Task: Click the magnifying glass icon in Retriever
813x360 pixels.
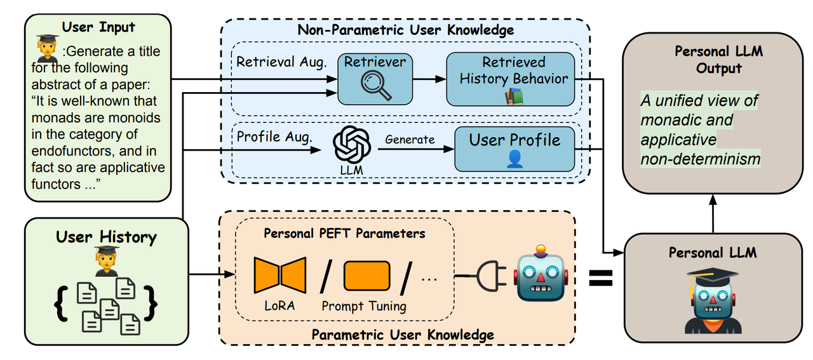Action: pos(375,86)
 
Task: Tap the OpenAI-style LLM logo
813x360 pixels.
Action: pos(352,144)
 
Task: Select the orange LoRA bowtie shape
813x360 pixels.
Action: pos(280,275)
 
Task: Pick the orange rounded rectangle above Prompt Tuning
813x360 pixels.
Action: pos(367,276)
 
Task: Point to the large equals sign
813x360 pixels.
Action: pos(601,278)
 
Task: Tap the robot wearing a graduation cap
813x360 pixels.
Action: pos(713,300)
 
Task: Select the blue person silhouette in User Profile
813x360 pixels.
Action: pos(514,159)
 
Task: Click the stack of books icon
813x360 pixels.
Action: pos(514,97)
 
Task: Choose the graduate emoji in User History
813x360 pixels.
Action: pos(106,261)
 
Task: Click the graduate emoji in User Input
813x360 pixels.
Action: pos(48,49)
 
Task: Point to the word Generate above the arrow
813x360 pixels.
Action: pos(410,139)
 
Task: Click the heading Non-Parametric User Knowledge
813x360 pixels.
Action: pos(405,30)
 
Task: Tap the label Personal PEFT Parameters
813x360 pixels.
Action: pos(344,234)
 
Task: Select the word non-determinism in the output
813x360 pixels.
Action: pos(701,159)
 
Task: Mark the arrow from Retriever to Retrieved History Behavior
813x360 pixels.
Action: pos(429,79)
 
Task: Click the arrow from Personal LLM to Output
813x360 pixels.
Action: pos(713,214)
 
